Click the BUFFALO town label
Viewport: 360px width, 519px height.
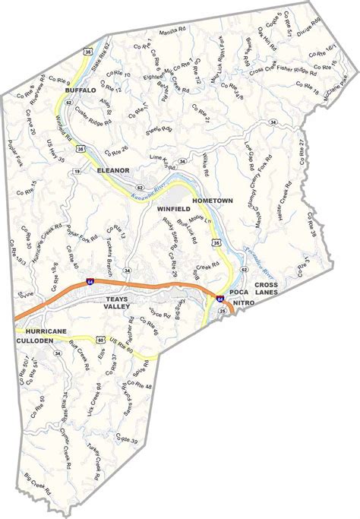pos(81,90)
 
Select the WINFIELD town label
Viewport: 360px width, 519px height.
pos(172,207)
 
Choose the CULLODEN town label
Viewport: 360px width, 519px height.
pos(36,343)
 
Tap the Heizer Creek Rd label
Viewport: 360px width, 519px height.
pos(283,200)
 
